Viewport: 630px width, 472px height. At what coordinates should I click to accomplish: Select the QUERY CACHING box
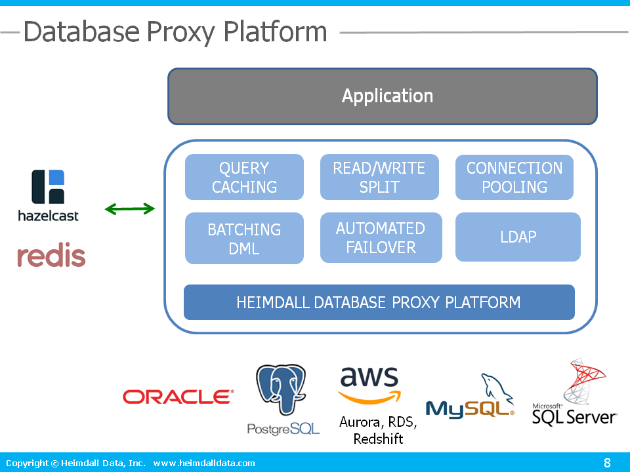(x=244, y=177)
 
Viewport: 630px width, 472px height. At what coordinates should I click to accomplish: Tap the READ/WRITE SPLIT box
(x=379, y=177)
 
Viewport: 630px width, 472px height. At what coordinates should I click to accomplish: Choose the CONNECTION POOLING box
(x=514, y=177)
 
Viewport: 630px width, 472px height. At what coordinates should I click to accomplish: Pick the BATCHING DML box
(x=244, y=239)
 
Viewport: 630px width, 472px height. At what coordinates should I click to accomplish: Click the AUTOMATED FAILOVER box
(x=381, y=238)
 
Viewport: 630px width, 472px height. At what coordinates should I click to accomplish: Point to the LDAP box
(x=518, y=237)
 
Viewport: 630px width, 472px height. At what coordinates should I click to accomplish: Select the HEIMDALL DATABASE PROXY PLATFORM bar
(x=379, y=302)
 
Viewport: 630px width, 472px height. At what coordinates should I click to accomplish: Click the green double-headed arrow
(x=130, y=209)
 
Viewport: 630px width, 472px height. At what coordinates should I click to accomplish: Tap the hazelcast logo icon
(x=48, y=186)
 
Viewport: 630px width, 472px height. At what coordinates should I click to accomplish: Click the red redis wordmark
(x=51, y=256)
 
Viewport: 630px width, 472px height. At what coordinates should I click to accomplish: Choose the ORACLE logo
(x=178, y=397)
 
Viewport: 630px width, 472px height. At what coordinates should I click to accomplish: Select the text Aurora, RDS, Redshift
(x=378, y=431)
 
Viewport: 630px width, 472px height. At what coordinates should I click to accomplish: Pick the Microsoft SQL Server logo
(x=574, y=393)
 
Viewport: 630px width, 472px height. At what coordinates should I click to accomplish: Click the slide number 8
(x=607, y=463)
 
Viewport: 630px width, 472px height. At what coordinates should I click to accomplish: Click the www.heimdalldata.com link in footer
(x=204, y=463)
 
